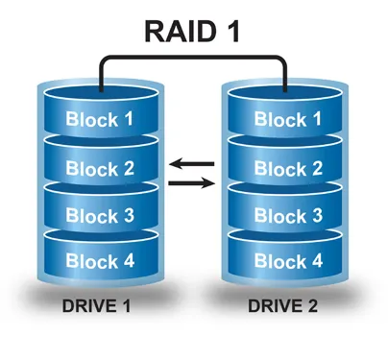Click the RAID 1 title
point(192,31)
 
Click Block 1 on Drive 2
point(287,120)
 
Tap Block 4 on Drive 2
point(287,260)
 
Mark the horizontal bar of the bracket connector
point(192,60)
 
